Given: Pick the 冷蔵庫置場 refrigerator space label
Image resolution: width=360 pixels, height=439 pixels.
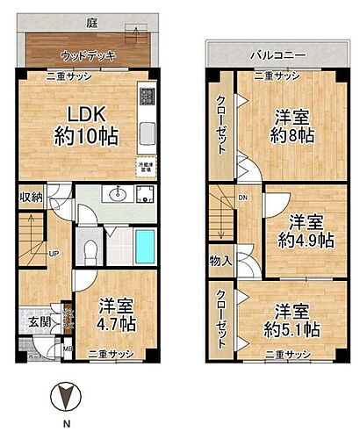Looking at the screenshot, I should tap(147, 168).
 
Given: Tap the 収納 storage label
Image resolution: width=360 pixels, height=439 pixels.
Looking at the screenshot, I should tap(32, 198).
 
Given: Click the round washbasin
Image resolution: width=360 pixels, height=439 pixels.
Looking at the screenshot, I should tap(119, 195).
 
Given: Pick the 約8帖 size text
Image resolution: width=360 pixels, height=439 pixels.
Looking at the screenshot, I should tap(289, 136).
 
